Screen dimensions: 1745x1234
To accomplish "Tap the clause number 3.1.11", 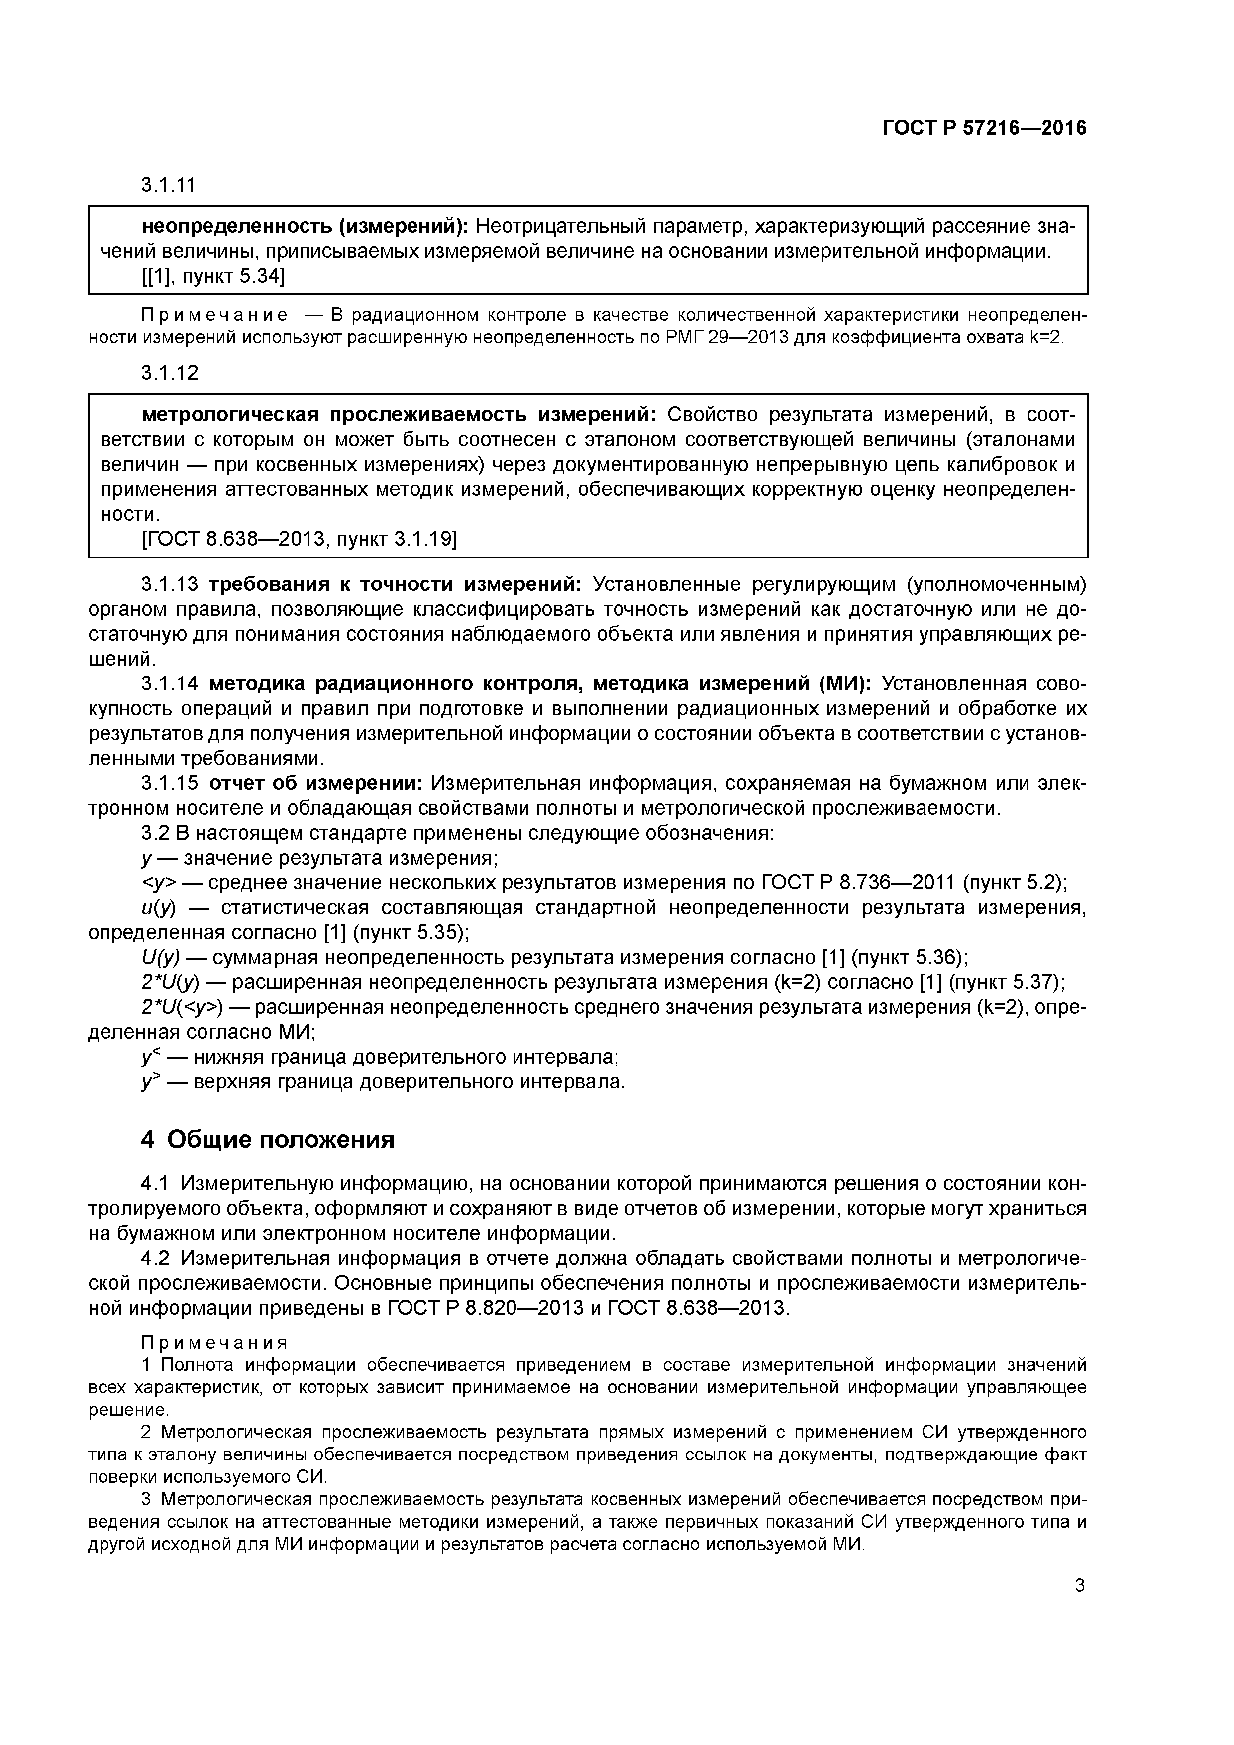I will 169,185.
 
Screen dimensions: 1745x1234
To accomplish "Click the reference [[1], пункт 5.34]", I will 213,277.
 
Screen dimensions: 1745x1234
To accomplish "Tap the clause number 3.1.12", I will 169,373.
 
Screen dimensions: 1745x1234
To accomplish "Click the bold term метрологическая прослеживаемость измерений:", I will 399,415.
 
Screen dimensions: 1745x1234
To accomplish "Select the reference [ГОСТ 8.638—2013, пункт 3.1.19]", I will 300,540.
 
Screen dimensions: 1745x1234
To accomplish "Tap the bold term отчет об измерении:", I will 315,783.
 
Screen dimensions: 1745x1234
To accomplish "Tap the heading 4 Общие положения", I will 268,1139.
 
